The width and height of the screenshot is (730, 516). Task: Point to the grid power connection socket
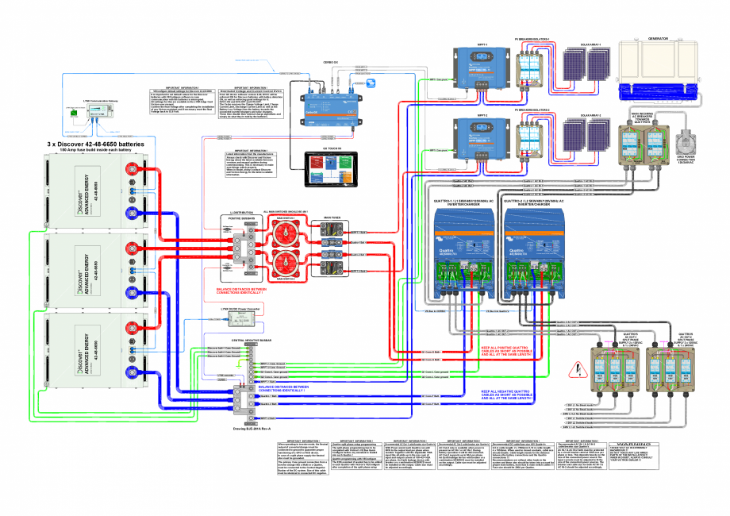pos(688,149)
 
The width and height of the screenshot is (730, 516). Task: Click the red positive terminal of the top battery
pos(129,168)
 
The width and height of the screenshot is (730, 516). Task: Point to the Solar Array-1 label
pos(583,44)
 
